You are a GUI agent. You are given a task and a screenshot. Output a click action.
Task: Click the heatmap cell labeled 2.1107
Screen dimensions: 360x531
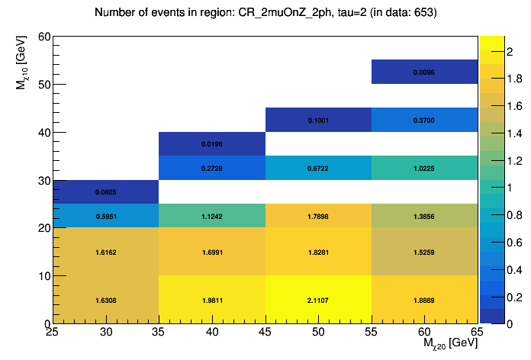(x=318, y=300)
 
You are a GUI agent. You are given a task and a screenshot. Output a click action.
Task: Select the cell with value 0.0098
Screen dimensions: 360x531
(x=424, y=72)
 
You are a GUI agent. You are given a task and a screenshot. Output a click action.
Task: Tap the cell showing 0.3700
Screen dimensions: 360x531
(x=424, y=120)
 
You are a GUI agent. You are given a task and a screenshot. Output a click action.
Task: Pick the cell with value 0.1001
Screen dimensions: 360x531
(x=318, y=120)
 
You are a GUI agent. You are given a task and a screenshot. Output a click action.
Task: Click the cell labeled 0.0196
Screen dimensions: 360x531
(x=212, y=144)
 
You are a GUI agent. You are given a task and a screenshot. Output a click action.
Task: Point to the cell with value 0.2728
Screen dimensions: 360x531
(x=212, y=168)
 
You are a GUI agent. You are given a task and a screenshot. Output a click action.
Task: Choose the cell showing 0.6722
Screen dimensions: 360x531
(x=318, y=168)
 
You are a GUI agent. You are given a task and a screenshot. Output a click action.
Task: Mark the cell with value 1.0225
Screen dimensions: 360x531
(x=424, y=168)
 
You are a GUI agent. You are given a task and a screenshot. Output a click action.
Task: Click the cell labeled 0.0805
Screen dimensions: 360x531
(x=105, y=192)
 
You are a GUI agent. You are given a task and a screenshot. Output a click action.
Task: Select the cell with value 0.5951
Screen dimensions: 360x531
(x=105, y=216)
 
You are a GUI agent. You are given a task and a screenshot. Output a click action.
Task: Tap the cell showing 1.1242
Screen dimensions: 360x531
(x=212, y=216)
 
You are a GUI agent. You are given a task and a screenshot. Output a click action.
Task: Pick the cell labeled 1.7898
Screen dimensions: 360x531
(x=318, y=216)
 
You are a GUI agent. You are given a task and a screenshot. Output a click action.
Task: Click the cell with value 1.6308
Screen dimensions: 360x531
(x=105, y=300)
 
